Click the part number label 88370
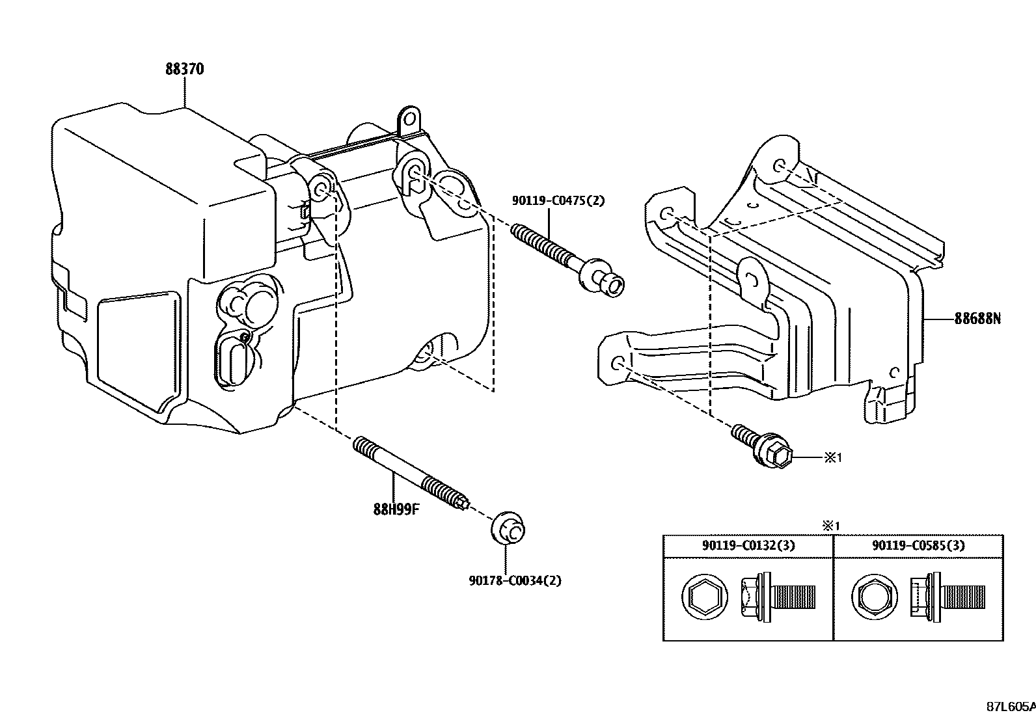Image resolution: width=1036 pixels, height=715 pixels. pyautogui.click(x=184, y=70)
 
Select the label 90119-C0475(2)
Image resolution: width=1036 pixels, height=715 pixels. pyautogui.click(x=558, y=201)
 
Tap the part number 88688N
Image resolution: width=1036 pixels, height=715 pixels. pyautogui.click(x=977, y=319)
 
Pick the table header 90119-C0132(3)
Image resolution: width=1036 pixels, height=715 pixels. pyautogui.click(x=748, y=546)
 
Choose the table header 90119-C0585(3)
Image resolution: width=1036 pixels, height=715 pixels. pyautogui.click(x=918, y=546)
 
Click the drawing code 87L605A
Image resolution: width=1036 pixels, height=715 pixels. pyautogui.click(x=1009, y=707)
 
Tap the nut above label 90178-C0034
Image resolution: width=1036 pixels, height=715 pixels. pyautogui.click(x=508, y=528)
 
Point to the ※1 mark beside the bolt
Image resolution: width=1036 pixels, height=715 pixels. pyautogui.click(x=834, y=458)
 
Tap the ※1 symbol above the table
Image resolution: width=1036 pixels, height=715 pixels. pyautogui.click(x=830, y=526)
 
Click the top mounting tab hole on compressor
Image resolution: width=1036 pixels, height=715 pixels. pyautogui.click(x=409, y=120)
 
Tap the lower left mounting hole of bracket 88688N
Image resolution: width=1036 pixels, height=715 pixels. pyautogui.click(x=619, y=362)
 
